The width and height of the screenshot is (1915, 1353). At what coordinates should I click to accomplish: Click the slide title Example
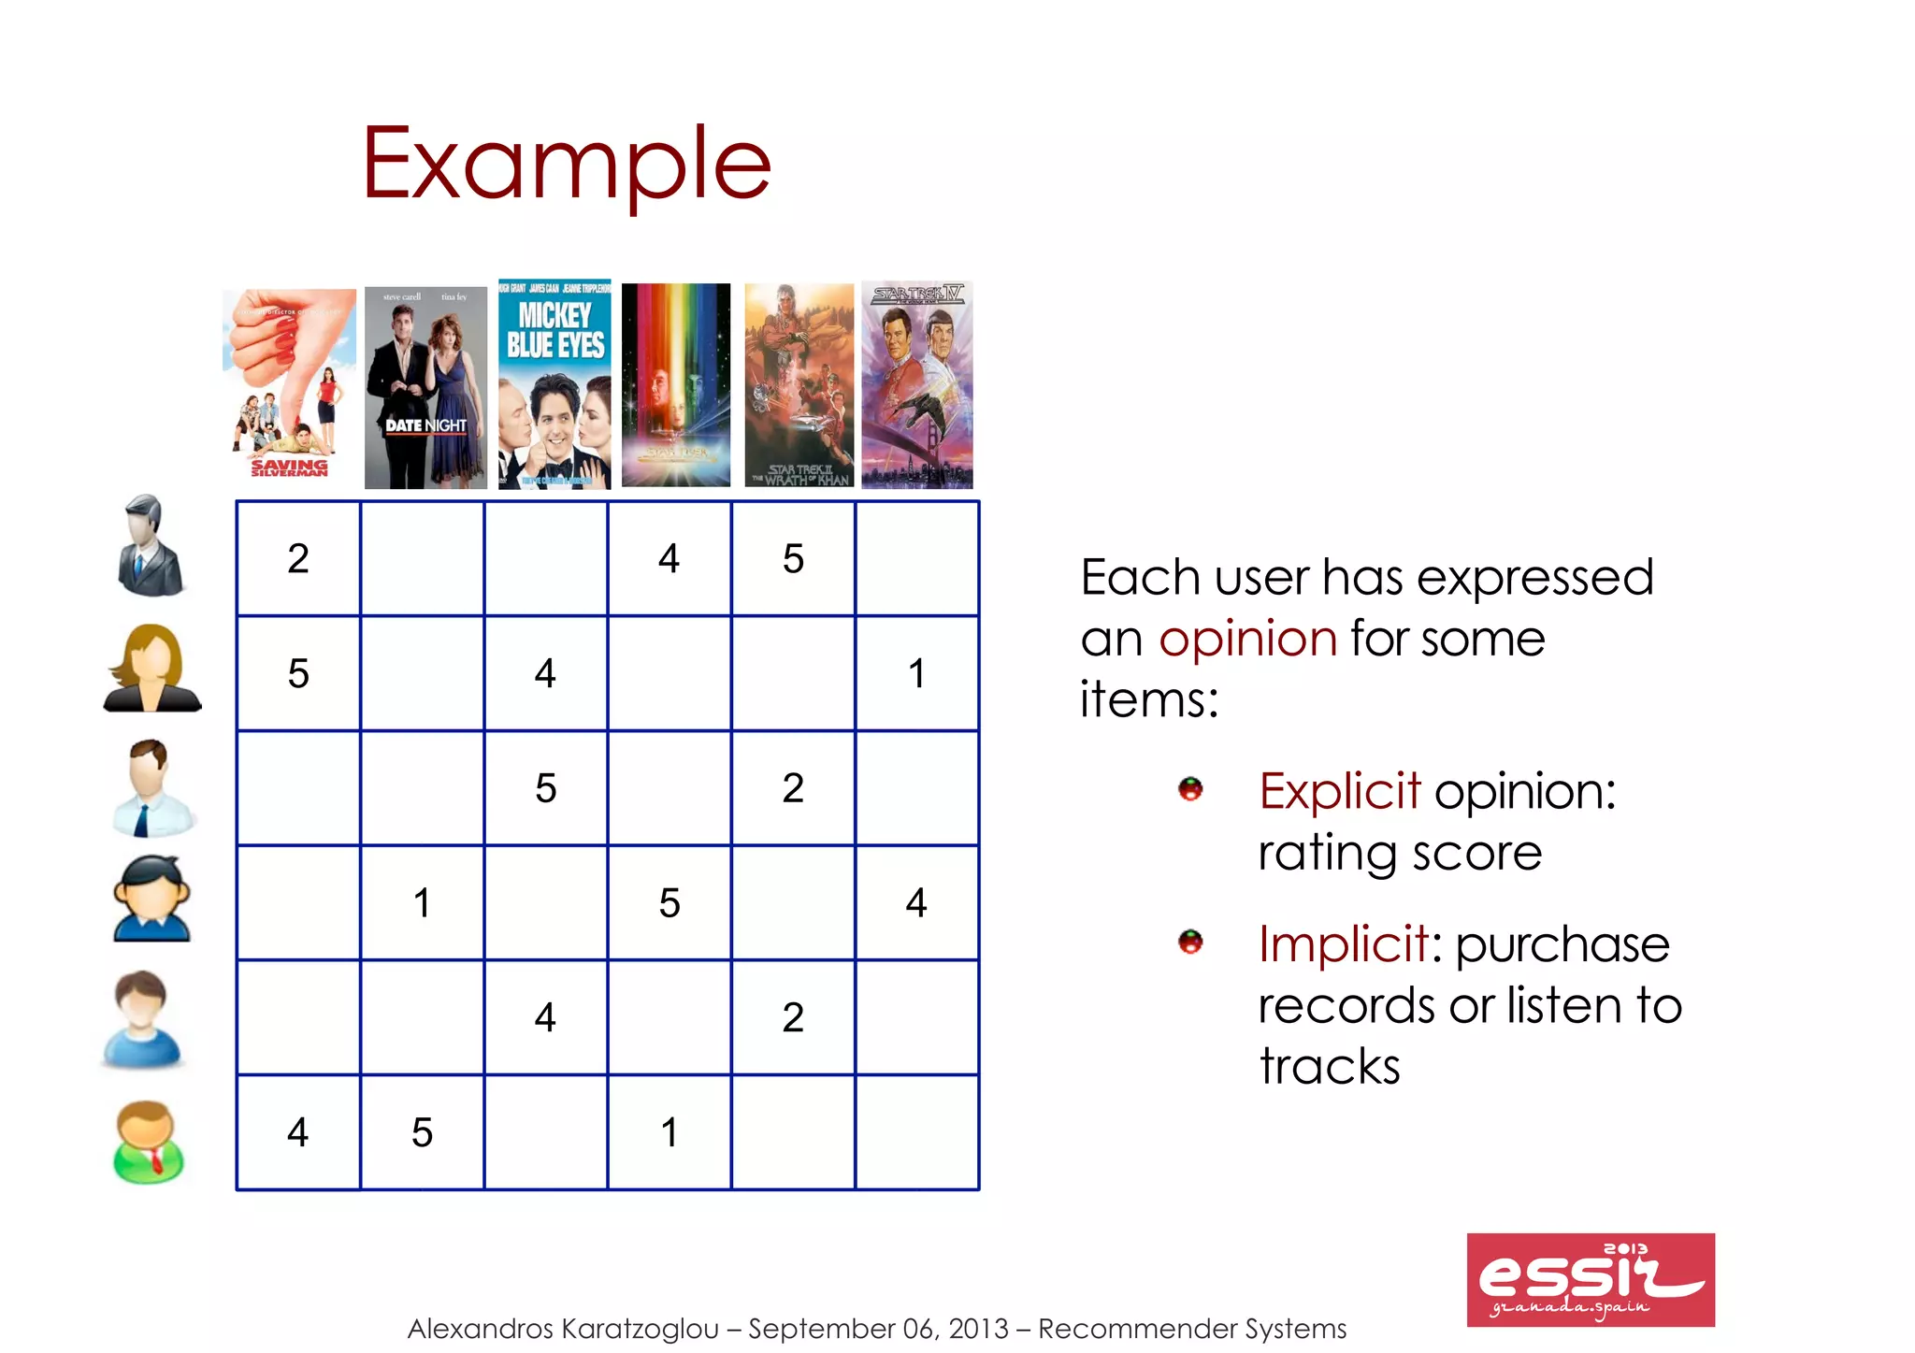[x=566, y=165]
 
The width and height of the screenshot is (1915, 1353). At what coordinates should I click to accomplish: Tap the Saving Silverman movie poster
[x=289, y=384]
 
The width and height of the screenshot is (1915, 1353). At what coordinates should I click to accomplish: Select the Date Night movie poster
[x=425, y=387]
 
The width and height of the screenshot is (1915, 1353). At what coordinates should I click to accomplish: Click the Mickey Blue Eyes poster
[x=554, y=383]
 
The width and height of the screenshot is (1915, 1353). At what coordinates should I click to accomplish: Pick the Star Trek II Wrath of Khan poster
[x=799, y=385]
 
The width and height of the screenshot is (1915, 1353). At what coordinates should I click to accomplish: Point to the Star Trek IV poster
[x=917, y=384]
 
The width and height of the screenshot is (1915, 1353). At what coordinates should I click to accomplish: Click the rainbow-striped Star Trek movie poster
[x=676, y=384]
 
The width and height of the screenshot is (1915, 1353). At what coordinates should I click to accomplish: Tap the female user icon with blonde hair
[x=151, y=669]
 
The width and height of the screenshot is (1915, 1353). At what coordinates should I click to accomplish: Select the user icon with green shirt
[x=149, y=1142]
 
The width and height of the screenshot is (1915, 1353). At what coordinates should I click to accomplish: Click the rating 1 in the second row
[x=917, y=673]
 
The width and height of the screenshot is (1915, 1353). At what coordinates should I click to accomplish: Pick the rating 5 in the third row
[x=546, y=788]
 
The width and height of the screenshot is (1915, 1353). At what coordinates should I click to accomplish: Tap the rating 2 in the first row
[x=298, y=558]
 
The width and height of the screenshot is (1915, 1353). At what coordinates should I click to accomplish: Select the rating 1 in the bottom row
[x=670, y=1132]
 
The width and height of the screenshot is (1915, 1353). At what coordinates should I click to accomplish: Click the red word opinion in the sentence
[x=1247, y=640]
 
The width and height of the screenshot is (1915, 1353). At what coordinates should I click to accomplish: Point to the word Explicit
[x=1339, y=791]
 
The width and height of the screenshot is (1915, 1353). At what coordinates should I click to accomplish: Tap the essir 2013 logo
[x=1591, y=1279]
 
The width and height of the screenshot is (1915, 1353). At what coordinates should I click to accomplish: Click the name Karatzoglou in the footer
[x=641, y=1329]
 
